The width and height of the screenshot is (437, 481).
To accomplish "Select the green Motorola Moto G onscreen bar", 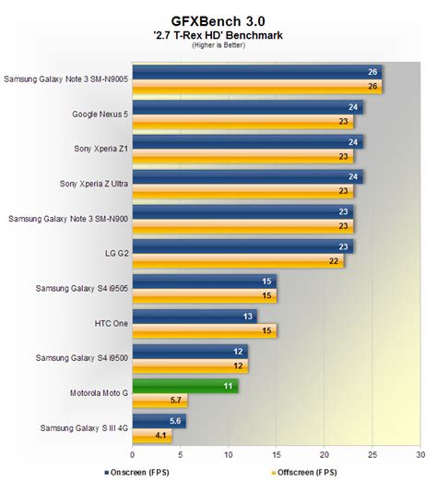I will [185, 387].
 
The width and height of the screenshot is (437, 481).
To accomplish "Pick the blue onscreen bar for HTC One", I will [195, 316].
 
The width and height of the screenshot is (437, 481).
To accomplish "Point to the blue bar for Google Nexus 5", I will [247, 107].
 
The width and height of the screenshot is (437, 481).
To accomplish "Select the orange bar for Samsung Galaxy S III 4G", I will [152, 436].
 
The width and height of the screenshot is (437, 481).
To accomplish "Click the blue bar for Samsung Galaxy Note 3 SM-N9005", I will [256, 72].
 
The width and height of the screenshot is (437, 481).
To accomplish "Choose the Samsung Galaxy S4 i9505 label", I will [84, 287].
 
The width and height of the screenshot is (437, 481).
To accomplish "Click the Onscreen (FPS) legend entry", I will [166, 470].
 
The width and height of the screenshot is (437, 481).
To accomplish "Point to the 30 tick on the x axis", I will [419, 453].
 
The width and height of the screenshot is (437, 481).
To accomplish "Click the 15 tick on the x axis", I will [276, 453].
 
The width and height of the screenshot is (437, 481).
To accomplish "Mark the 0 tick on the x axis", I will [134, 453].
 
